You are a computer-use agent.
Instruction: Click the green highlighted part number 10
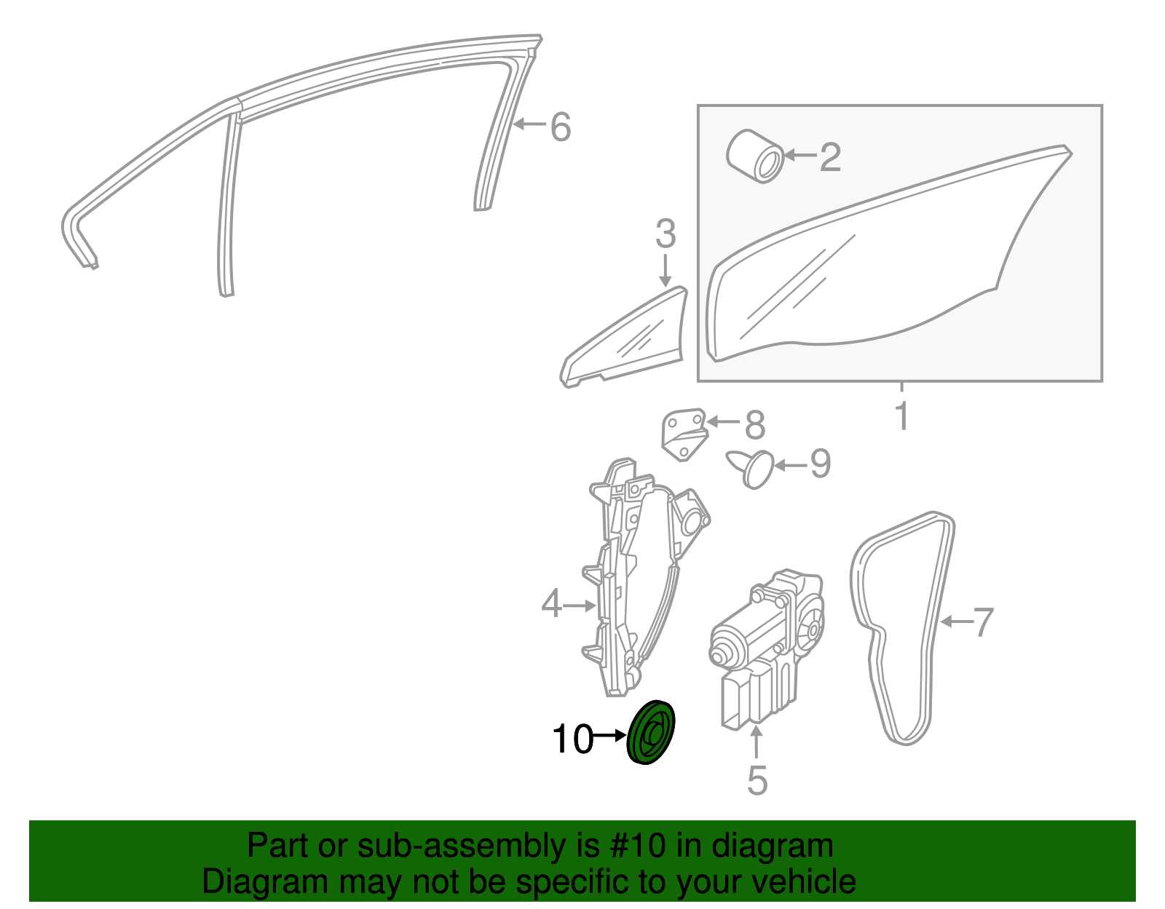pyautogui.click(x=650, y=732)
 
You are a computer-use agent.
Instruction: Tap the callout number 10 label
pyautogui.click(x=572, y=739)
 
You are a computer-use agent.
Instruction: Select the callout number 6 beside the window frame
pyautogui.click(x=561, y=127)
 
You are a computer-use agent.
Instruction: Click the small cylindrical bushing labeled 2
pyautogui.click(x=755, y=156)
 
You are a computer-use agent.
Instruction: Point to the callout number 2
pyautogui.click(x=831, y=157)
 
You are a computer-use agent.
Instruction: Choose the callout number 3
pyautogui.click(x=666, y=234)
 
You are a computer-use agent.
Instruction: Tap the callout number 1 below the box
pyautogui.click(x=902, y=416)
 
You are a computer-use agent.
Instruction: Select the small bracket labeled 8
pyautogui.click(x=684, y=434)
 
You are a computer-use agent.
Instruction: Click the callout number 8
pyautogui.click(x=755, y=425)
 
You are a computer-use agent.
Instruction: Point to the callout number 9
pyautogui.click(x=821, y=464)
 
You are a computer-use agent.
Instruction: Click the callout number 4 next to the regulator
pyautogui.click(x=551, y=603)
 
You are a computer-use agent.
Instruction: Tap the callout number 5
pyautogui.click(x=757, y=780)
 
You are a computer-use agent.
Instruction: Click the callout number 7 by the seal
pyautogui.click(x=983, y=622)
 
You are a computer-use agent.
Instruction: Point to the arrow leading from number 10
pyautogui.click(x=609, y=736)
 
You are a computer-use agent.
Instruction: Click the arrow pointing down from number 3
pyautogui.click(x=665, y=271)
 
